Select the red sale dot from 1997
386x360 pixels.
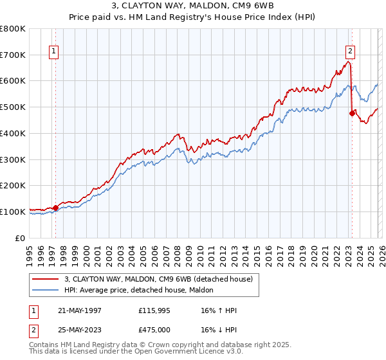56,208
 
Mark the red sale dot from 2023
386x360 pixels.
352,114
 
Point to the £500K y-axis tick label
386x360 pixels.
13,107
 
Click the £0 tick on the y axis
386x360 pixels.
21,238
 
